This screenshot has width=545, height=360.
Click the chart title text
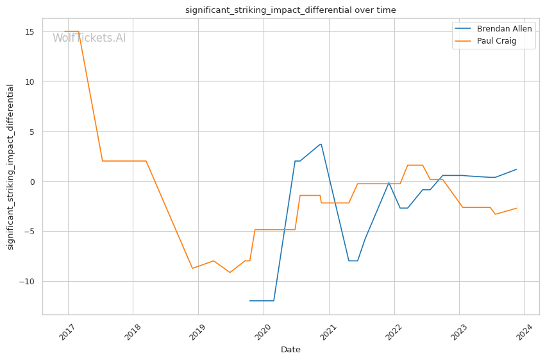pos(290,10)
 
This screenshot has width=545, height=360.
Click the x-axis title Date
pos(290,350)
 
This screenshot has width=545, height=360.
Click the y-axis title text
pos(11,167)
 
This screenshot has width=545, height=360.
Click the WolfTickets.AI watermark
pos(89,38)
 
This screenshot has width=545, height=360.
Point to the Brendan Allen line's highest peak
pos(321,144)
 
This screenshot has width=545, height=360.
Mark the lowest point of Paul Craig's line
pos(230,273)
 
